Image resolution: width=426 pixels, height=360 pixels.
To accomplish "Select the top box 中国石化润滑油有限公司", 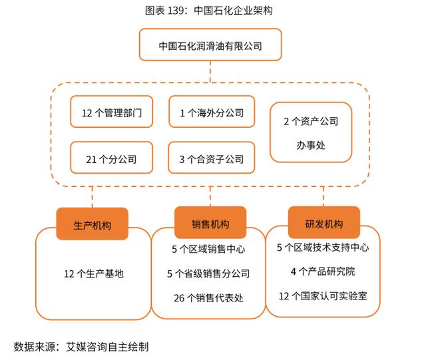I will (x=210, y=47).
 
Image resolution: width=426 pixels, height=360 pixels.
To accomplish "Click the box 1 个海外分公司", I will (x=211, y=113).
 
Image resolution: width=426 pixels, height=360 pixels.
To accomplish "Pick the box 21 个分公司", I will (x=112, y=159).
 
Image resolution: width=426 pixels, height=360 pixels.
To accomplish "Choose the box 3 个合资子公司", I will (x=211, y=159).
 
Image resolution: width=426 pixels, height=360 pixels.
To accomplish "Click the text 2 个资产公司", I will (x=311, y=121).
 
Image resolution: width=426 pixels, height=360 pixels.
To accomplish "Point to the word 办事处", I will (x=311, y=144).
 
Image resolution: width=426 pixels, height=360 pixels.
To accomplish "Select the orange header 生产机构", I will (x=93, y=226).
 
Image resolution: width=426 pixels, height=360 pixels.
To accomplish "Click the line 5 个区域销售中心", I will (x=208, y=250).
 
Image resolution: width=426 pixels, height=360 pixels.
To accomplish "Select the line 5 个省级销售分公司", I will (x=208, y=273).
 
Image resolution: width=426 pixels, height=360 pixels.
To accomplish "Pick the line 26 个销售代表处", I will (x=208, y=297).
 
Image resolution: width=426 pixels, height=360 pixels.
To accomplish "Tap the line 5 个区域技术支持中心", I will (x=323, y=248).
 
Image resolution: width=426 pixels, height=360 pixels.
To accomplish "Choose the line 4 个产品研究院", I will (x=323, y=271).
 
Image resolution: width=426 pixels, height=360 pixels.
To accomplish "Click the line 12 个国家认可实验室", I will (x=323, y=295).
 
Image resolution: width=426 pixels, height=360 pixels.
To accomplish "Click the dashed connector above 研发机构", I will (x=323, y=196).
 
